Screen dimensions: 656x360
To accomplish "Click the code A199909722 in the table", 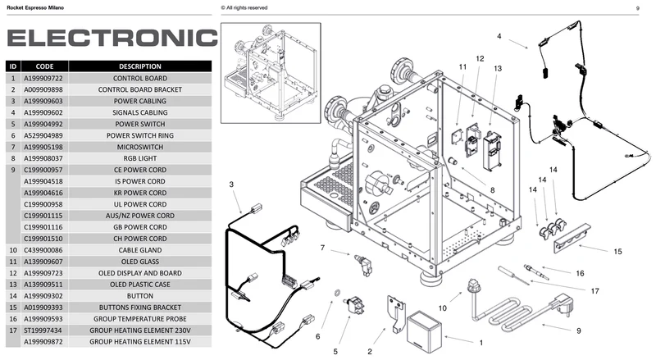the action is coord(43,78).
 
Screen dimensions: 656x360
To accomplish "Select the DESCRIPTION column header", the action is coord(139,66).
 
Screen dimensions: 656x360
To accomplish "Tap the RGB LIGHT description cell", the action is coord(139,158).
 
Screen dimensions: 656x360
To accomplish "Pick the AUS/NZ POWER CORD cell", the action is coord(139,216).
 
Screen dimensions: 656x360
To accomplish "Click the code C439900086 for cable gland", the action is coord(43,250).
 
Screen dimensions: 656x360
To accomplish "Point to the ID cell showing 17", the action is coord(13,330).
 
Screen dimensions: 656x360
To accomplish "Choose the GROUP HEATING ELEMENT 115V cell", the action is coord(139,342).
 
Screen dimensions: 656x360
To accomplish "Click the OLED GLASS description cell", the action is coord(139,262).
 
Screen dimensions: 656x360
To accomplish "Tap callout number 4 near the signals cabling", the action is coord(499,36).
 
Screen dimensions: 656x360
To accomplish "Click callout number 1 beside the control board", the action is coord(481,343).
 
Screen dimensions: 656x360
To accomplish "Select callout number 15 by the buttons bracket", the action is coord(617,252).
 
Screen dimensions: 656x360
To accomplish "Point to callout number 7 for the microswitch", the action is coord(322,248).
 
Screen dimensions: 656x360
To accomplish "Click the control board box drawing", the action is coord(424,332).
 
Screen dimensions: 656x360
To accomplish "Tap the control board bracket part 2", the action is coord(395,312).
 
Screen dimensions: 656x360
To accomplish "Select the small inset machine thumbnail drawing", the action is coord(271,73).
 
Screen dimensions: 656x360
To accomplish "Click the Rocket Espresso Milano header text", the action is coord(35,7).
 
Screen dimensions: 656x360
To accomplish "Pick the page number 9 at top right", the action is coord(638,8).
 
